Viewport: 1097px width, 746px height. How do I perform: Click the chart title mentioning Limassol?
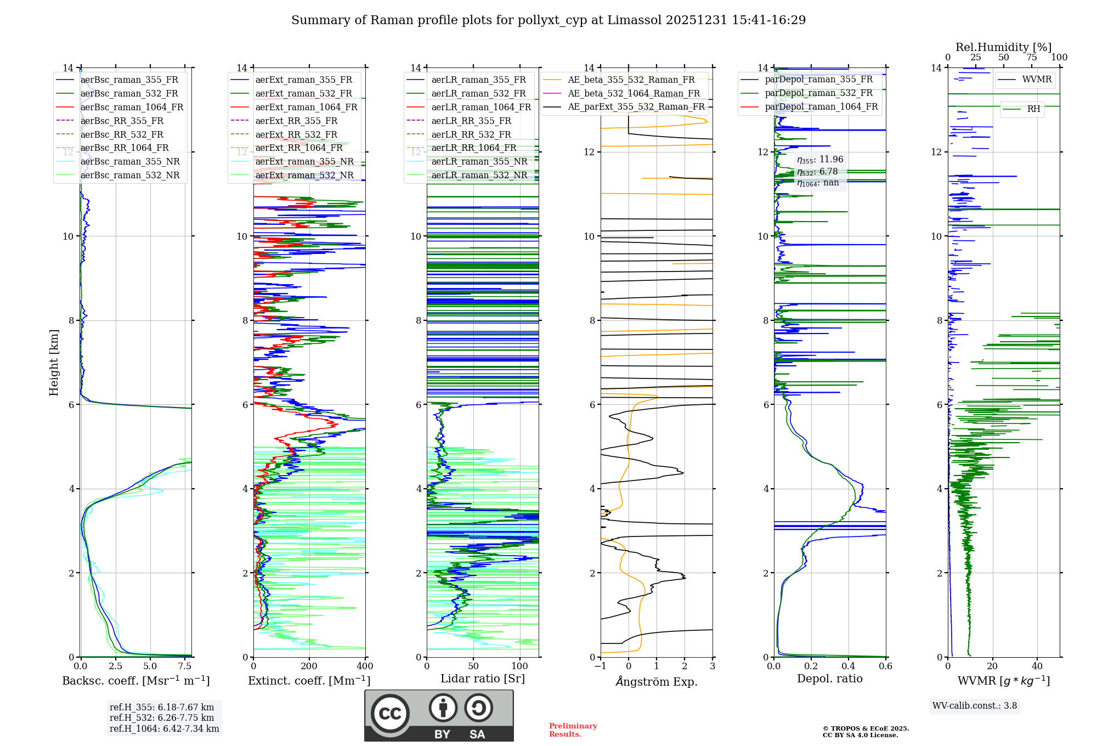548,20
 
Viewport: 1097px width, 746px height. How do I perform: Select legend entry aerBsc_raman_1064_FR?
132,108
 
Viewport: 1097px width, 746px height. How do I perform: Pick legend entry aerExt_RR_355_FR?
296,121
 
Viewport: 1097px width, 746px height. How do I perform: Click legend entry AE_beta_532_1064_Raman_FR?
634,94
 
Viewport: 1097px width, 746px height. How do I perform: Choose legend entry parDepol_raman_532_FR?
818,93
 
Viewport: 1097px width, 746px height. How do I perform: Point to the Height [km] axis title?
54,363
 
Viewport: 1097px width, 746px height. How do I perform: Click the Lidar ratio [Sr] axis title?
483,679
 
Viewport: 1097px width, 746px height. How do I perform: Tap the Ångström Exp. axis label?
657,682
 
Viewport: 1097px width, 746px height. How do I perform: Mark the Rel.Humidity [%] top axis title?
1004,47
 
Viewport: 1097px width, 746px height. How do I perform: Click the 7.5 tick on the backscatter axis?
185,666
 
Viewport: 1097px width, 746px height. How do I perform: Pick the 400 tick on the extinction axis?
365,666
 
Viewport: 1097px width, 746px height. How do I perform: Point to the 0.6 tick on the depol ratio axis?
885,666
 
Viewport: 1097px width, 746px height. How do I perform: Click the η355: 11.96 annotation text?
820,160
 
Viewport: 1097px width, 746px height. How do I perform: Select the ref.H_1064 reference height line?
164,729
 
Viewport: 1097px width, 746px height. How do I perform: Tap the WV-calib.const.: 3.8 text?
975,706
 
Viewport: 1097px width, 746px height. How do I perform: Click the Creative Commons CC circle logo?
390,714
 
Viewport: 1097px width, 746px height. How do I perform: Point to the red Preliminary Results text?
573,730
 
